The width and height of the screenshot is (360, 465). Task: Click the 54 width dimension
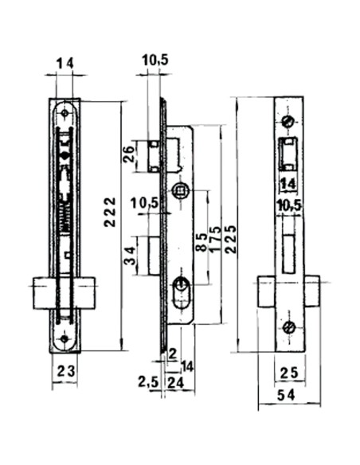[x=289, y=397]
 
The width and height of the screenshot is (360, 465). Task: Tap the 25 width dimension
[x=289, y=371]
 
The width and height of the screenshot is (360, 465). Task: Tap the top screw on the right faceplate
[x=289, y=121]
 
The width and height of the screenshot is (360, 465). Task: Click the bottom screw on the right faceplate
[x=289, y=326]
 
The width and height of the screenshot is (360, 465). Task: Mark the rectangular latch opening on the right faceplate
[x=289, y=153]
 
